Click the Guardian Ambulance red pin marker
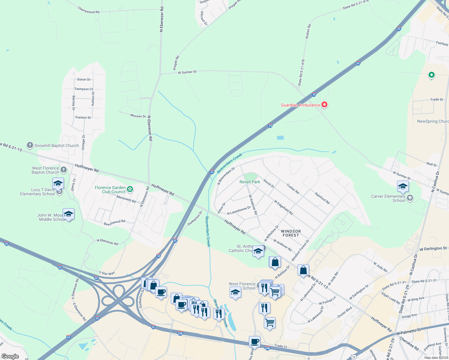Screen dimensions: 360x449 coord(324,105)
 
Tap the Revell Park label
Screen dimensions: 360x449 coord(250,182)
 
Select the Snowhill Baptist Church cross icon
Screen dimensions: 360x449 coord(30,145)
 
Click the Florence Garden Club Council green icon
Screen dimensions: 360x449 coord(130,189)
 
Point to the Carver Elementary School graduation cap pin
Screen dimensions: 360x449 coord(403,186)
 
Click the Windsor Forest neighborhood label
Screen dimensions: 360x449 coord(291,233)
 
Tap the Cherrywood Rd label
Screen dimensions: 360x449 coord(89,10)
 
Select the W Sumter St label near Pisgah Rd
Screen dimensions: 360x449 coord(187,72)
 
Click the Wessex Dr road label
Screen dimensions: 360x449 coord(138,116)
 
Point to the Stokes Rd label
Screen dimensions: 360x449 coord(308,31)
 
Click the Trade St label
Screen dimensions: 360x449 coord(436,100)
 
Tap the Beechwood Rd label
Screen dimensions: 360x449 coord(114,222)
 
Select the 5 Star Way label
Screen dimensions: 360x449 coord(107,273)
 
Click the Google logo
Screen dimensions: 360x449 coord(10,356)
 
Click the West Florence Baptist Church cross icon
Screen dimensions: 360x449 coord(64,170)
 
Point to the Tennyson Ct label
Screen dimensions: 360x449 coord(84,89)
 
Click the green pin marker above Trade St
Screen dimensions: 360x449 coord(431,75)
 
